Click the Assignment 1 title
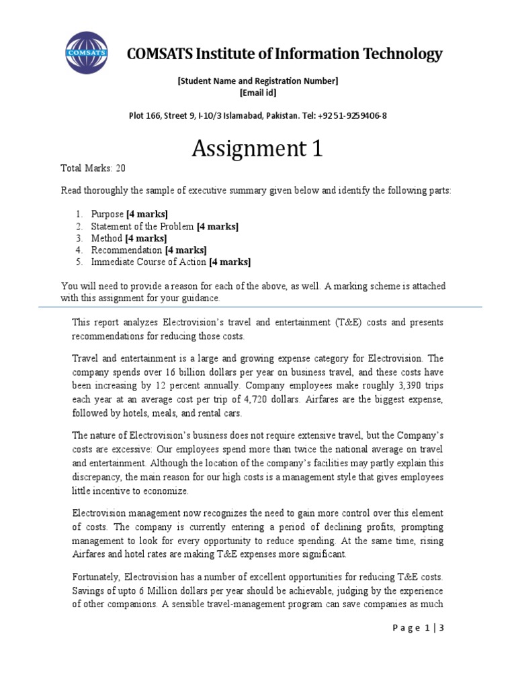pos(257,148)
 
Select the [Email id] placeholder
pos(257,93)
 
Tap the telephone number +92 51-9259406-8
pos(353,115)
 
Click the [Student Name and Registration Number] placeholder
pos(257,81)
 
